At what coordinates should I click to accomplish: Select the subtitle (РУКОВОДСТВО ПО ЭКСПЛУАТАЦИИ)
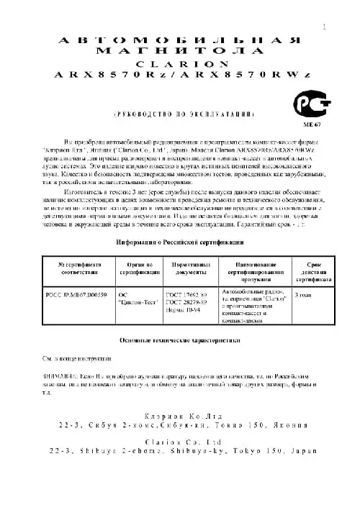(x=183, y=115)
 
